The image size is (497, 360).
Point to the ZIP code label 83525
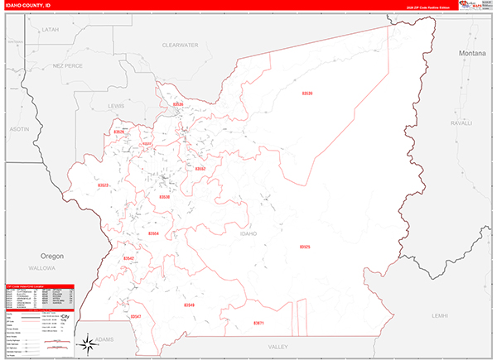coord(305,247)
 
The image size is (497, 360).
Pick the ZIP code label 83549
coord(189,305)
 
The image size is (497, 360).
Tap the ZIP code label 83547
coord(136,316)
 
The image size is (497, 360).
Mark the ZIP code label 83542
coord(128,258)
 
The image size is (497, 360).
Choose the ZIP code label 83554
coord(153,234)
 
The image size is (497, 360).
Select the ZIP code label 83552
coord(200,168)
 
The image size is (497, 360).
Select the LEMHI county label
coord(439,315)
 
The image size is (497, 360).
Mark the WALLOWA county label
coord(43,268)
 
